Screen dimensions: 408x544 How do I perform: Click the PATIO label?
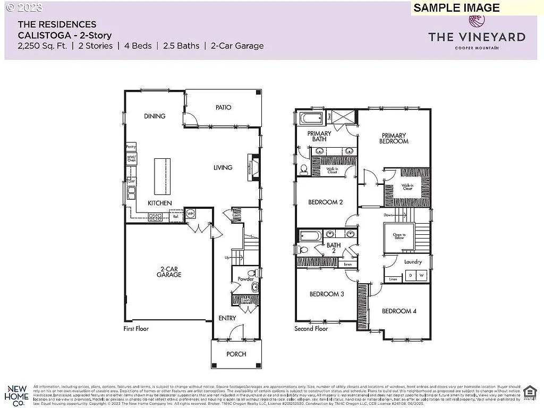pyautogui.click(x=223, y=107)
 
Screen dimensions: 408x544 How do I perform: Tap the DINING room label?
pyautogui.click(x=155, y=116)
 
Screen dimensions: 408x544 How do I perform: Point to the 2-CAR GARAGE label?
pyautogui.click(x=169, y=271)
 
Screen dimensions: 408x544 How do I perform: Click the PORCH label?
pyautogui.click(x=236, y=354)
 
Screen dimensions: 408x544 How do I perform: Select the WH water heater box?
pyautogui.click(x=190, y=214)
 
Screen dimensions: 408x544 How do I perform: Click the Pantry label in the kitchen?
pyautogui.click(x=131, y=147)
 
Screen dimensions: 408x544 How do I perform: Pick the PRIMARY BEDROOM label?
pyautogui.click(x=394, y=139)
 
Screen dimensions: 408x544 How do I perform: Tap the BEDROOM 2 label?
pyautogui.click(x=326, y=202)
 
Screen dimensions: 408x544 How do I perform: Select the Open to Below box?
pyautogui.click(x=399, y=236)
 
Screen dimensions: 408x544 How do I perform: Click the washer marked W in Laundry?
pyautogui.click(x=421, y=275)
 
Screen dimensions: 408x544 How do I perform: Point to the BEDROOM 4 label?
pyautogui.click(x=396, y=311)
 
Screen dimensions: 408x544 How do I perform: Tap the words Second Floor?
pyautogui.click(x=311, y=329)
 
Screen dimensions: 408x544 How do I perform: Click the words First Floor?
pyautogui.click(x=136, y=329)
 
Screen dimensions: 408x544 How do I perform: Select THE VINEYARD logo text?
pyautogui.click(x=477, y=37)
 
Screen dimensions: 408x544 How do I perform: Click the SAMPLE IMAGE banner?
pyautogui.click(x=456, y=7)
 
